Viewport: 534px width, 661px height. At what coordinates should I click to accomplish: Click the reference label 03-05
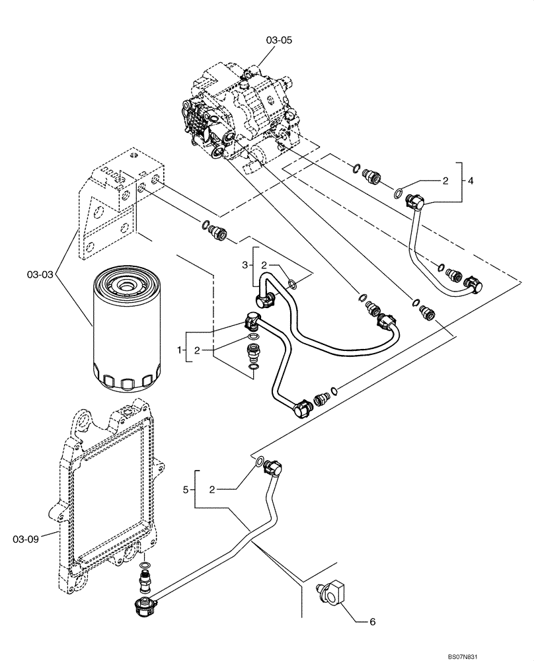(278, 40)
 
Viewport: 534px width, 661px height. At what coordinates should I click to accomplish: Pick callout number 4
(469, 180)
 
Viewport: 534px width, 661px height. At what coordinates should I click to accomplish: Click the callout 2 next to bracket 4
(445, 180)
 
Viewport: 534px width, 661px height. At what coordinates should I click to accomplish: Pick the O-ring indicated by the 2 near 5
(260, 460)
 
